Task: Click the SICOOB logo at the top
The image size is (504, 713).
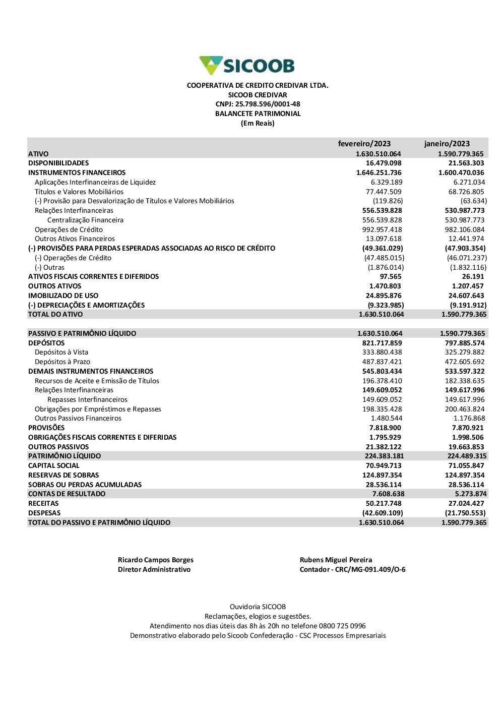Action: pos(247,66)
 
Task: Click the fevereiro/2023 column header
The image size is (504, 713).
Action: pos(364,144)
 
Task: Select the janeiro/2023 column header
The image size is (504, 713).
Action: pos(447,144)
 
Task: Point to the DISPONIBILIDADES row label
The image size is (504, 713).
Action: pos(58,163)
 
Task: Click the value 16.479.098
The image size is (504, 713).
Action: pos(384,163)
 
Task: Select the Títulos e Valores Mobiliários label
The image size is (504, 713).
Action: pos(79,192)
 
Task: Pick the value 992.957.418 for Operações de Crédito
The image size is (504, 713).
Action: pos(382,229)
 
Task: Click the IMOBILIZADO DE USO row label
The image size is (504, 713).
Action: pos(64,295)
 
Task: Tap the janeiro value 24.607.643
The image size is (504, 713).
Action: pos(466,295)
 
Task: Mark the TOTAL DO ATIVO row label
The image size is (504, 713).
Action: pos(55,314)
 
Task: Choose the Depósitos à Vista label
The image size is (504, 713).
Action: pos(61,352)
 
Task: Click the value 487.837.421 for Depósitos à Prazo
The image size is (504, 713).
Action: pos(382,362)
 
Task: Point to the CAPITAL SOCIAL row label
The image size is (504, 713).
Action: pos(54,466)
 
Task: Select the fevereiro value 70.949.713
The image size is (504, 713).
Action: pos(384,466)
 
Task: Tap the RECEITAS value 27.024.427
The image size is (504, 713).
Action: pos(466,503)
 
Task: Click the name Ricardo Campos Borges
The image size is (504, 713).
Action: pos(156,560)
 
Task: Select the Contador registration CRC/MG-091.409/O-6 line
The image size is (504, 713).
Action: pos(353,569)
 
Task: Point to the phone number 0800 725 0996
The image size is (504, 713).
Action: pos(342,626)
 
